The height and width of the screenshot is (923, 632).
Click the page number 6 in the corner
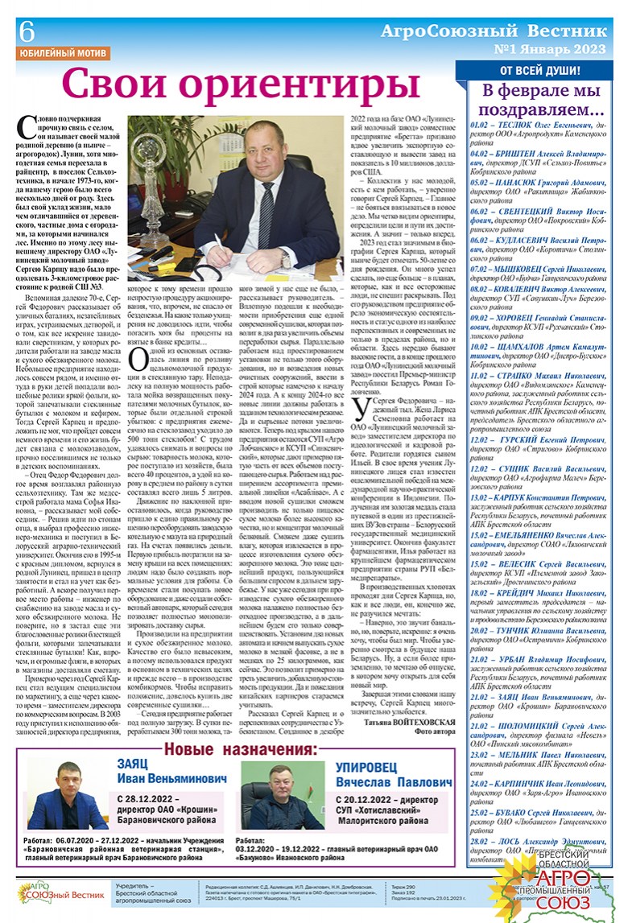(x=27, y=31)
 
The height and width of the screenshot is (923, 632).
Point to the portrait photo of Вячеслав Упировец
(x=276, y=805)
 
